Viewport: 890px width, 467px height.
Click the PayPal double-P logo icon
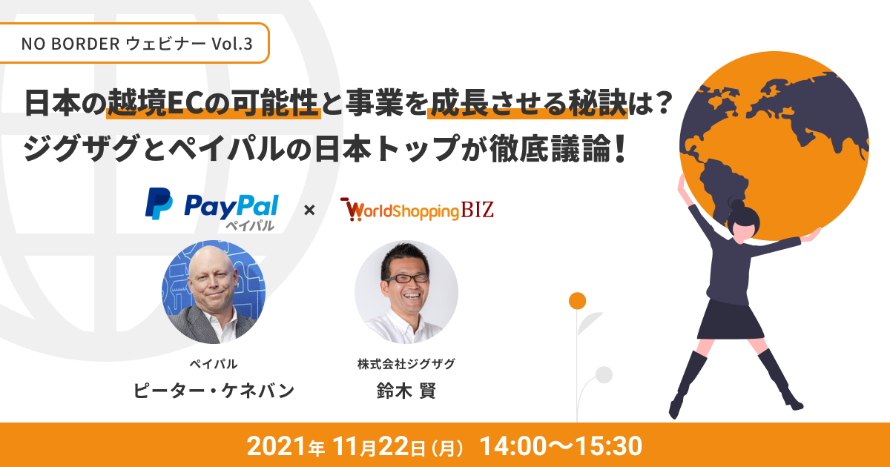tap(159, 204)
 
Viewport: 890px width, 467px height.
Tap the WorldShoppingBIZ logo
tap(417, 209)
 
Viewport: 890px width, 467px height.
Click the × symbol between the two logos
tap(309, 210)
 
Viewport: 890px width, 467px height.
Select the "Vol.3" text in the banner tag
tap(232, 44)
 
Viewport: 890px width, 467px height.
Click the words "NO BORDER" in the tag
tap(70, 44)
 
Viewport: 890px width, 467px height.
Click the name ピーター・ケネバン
tap(214, 391)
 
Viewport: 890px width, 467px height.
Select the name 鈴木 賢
tap(406, 391)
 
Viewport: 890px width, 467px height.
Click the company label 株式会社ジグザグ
tap(406, 363)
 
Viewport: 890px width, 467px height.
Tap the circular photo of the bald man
tap(214, 292)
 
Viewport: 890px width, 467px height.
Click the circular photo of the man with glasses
tap(406, 292)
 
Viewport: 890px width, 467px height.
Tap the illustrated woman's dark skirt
tap(731, 321)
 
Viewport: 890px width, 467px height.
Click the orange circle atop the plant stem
tap(577, 301)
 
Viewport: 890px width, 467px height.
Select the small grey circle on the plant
tap(604, 374)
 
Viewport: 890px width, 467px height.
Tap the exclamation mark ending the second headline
tap(619, 148)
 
